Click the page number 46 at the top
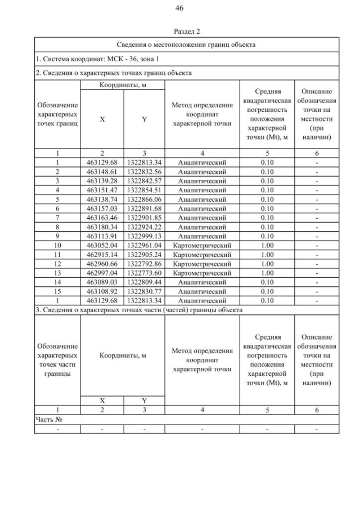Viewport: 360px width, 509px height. click(x=180, y=8)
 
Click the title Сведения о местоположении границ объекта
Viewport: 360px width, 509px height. click(x=186, y=44)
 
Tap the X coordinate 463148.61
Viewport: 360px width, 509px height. click(x=102, y=172)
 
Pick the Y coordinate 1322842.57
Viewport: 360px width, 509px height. click(x=144, y=181)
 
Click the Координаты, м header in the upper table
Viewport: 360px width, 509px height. click(x=123, y=84)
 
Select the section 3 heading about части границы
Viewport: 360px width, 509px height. click(x=139, y=310)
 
